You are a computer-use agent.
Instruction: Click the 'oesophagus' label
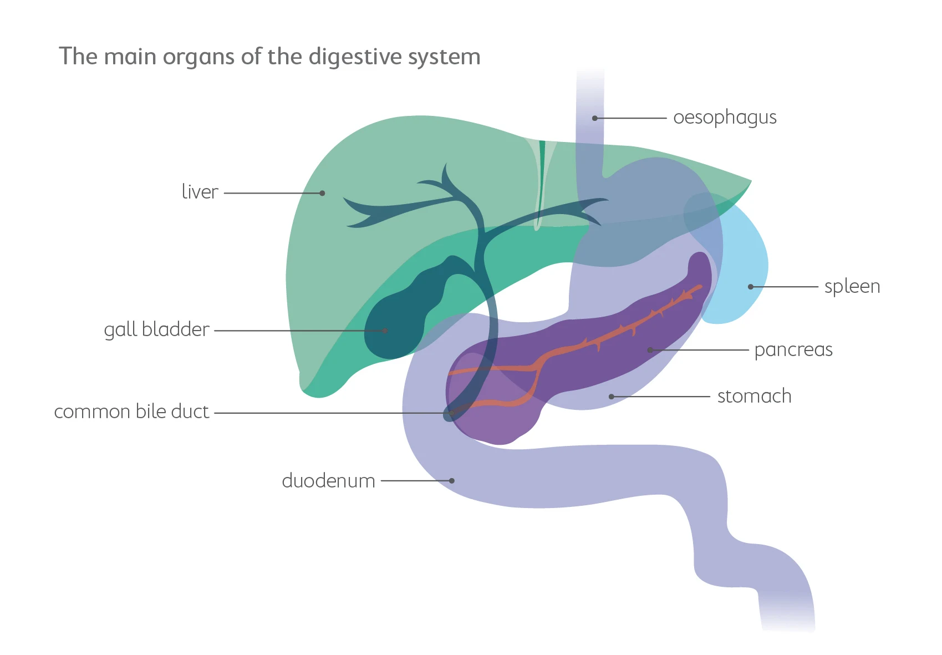point(725,118)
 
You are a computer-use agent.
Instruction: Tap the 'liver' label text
point(200,192)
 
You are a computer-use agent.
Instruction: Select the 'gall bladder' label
point(156,329)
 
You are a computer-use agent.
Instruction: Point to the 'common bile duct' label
point(131,412)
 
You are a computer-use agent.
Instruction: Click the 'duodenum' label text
point(328,480)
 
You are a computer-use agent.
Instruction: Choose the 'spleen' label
point(852,287)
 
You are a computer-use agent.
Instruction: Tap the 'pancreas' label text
point(793,350)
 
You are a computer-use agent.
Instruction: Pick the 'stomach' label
point(754,397)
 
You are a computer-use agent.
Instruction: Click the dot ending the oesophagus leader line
point(594,118)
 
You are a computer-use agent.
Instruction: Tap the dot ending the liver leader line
point(322,193)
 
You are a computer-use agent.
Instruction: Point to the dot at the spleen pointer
point(751,287)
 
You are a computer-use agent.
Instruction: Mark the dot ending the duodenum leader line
point(452,481)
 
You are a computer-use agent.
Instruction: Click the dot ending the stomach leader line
point(612,397)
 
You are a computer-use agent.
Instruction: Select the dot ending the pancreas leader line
point(650,350)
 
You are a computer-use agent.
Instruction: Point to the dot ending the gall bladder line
point(385,331)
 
